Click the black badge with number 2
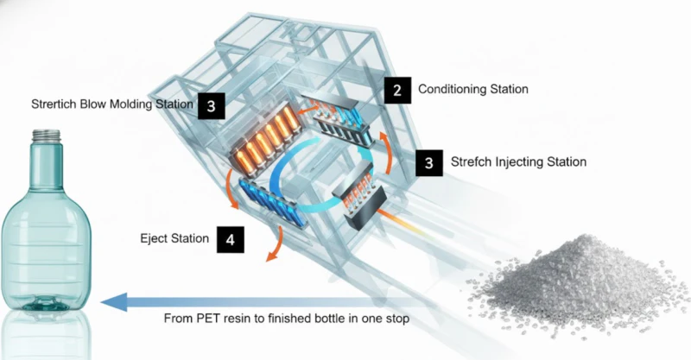[396, 90]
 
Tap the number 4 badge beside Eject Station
[230, 238]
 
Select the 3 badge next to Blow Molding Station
[211, 105]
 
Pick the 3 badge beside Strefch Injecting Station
[429, 162]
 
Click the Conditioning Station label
[472, 89]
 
